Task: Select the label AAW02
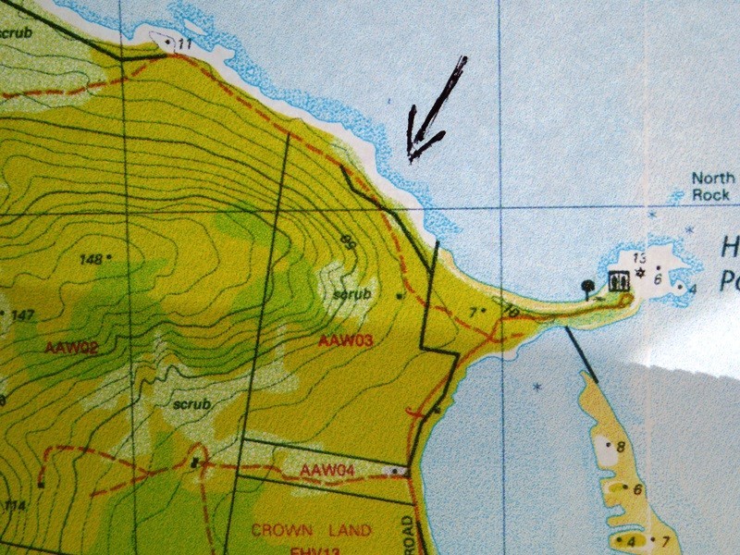(x=71, y=347)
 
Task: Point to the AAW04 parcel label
(x=327, y=471)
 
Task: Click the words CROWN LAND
(x=313, y=531)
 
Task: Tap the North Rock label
(x=713, y=186)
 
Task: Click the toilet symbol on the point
(x=618, y=278)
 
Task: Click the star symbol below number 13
(x=637, y=271)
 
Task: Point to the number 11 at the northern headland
(x=184, y=43)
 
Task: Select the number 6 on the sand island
(x=637, y=489)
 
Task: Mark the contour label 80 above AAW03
(x=348, y=243)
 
